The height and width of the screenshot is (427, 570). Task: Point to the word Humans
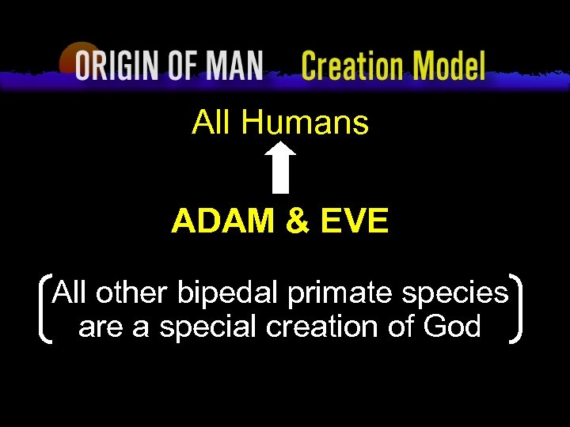click(305, 123)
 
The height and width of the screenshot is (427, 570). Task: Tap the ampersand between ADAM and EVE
click(298, 222)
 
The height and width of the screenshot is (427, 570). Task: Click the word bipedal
click(228, 294)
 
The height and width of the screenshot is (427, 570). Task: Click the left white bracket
click(44, 309)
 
